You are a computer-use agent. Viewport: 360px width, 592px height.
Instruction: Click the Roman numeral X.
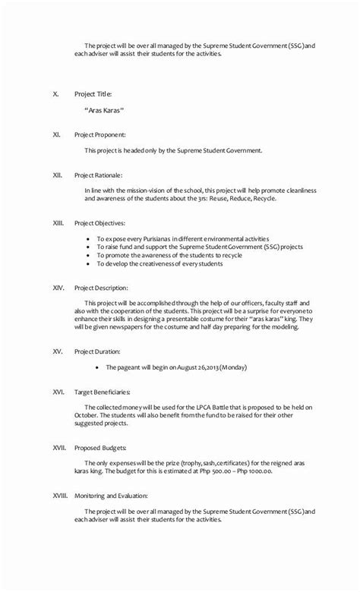click(55, 94)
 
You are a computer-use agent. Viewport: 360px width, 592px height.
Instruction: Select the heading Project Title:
click(93, 94)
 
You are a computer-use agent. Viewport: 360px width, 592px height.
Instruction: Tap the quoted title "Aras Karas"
click(104, 111)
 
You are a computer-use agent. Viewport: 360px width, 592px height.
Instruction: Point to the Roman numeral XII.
click(57, 175)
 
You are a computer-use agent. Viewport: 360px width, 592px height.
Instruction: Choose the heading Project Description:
click(101, 288)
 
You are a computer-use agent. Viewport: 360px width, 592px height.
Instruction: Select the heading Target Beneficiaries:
click(103, 392)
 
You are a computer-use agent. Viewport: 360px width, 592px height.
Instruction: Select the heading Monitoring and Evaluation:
click(109, 496)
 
